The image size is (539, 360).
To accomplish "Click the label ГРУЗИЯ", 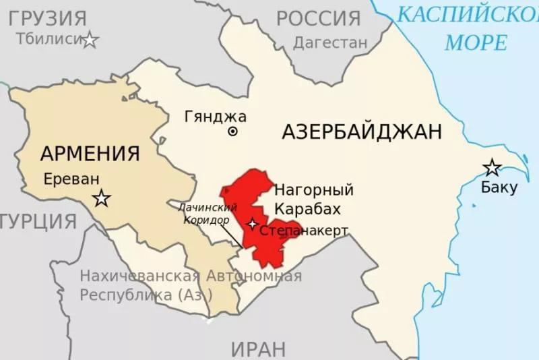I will pos(47,18).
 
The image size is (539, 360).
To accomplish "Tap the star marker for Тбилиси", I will pos(90,40).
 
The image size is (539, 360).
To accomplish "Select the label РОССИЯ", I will pos(319,18).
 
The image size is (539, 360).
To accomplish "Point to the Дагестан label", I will pos(330,42).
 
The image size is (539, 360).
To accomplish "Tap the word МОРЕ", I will pos(475,42).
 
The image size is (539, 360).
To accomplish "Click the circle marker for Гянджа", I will pos(233,132).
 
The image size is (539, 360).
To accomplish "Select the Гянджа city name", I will pos(216,116).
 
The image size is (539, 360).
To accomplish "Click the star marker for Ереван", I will pos(102,198).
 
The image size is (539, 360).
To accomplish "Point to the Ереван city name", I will pos(71,179).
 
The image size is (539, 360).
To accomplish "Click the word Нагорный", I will pos(314,189).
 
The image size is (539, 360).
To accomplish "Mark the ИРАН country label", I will pos(258,349).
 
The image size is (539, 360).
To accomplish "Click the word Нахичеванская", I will pos(139,276).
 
